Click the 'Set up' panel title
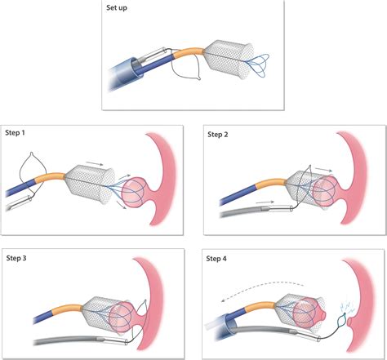117,8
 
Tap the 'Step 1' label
15,133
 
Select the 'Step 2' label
218,135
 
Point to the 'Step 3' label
16,258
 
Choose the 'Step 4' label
216,259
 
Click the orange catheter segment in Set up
188,52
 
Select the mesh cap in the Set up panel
229,60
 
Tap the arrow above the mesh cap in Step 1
94,163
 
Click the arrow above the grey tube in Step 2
265,202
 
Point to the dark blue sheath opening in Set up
135,67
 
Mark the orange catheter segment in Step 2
271,183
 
